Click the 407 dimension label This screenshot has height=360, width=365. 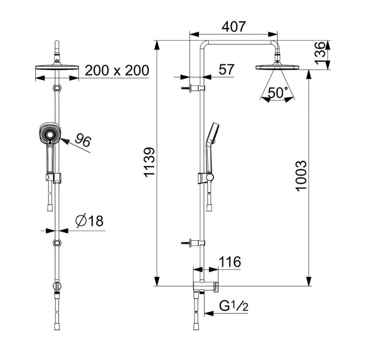[233, 27]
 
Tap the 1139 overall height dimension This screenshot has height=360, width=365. [149, 162]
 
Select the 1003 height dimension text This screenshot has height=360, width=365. [301, 176]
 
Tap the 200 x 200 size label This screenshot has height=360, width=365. [117, 70]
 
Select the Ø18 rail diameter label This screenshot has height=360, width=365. [89, 220]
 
